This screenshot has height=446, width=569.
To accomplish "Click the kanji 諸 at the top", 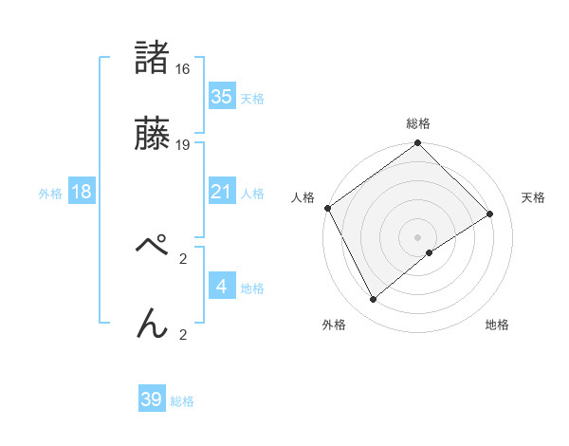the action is [x=153, y=58].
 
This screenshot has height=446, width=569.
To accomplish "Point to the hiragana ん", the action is [x=153, y=324].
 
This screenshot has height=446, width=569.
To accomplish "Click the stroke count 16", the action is [x=183, y=69].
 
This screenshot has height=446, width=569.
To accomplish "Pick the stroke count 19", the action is [x=183, y=145].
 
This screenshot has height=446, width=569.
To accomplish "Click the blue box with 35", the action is [x=221, y=97].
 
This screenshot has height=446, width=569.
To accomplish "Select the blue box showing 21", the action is [x=221, y=192].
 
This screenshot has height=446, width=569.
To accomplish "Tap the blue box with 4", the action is [x=221, y=286].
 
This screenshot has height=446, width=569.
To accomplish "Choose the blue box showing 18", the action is [x=82, y=192].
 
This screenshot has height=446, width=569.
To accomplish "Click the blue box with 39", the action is [x=152, y=400].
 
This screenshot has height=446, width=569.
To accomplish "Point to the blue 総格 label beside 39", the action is [x=182, y=401].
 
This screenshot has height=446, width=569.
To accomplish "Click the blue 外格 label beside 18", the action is [x=50, y=193].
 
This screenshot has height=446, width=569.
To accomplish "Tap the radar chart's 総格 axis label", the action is [x=418, y=123].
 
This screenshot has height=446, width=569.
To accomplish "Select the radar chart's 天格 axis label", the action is [x=534, y=197].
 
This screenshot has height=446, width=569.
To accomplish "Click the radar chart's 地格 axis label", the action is [x=497, y=325].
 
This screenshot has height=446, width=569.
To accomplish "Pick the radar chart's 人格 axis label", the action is [x=303, y=197].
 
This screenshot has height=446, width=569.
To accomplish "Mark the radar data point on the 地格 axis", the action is [x=430, y=252].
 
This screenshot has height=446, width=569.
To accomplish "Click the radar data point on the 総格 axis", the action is [x=418, y=144].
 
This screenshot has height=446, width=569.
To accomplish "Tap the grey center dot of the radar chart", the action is [x=418, y=236].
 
